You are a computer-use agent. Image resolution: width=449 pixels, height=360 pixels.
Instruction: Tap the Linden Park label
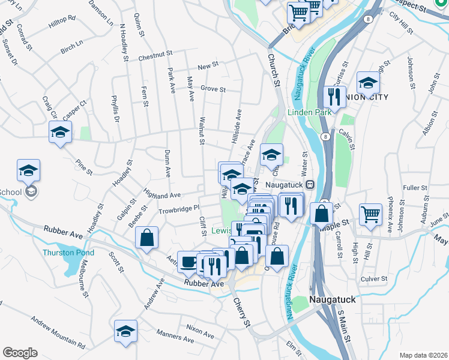click(x=309, y=112)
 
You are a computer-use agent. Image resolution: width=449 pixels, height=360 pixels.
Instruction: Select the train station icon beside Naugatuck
click(x=310, y=185)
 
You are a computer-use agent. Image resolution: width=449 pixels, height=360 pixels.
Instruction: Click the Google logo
click(x=20, y=353)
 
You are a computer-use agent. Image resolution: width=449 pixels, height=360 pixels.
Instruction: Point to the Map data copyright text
click(x=423, y=355)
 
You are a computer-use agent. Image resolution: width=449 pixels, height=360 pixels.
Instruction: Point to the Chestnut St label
click(x=155, y=58)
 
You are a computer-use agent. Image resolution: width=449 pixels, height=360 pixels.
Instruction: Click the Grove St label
click(x=212, y=89)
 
